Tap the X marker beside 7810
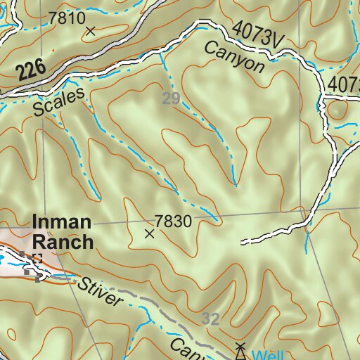tap(90, 30)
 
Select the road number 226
tap(30, 69)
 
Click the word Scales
tap(58, 103)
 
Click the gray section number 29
tap(171, 98)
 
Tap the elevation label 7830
tap(174, 221)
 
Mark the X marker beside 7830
tap(149, 234)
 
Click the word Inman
tap(61, 223)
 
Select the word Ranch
tap(63, 243)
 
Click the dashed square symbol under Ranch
tap(37, 259)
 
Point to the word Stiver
tap(101, 293)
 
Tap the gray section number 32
tap(210, 319)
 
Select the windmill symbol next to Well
tap(240, 351)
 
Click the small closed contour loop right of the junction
tap(337, 110)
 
